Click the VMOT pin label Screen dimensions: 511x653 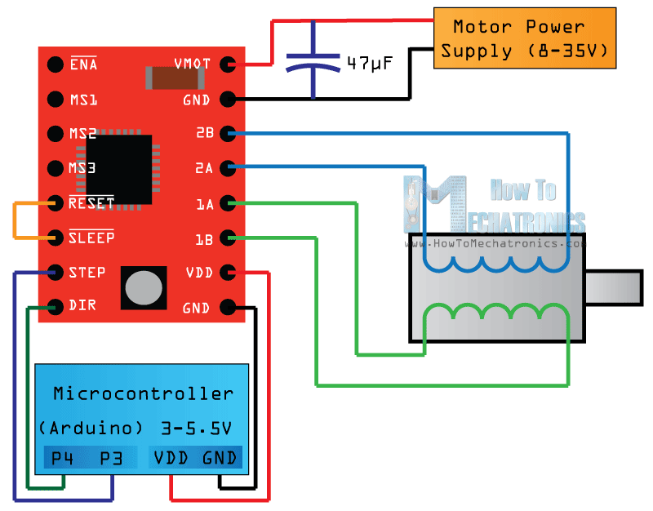(193, 64)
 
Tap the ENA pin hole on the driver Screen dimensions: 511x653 (55, 64)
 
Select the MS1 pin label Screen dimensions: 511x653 (83, 100)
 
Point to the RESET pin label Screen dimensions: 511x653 (91, 202)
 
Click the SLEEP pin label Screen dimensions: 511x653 (91, 238)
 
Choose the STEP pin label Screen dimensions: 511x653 (87, 272)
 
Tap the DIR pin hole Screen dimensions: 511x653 (55, 307)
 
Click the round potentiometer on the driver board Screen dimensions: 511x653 (144, 287)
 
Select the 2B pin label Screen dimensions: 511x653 (204, 133)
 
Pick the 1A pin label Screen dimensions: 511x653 (204, 203)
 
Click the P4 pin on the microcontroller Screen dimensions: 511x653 (63, 458)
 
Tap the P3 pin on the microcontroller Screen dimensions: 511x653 (111, 458)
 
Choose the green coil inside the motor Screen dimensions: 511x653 (495, 314)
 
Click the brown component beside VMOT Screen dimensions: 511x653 (173, 78)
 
